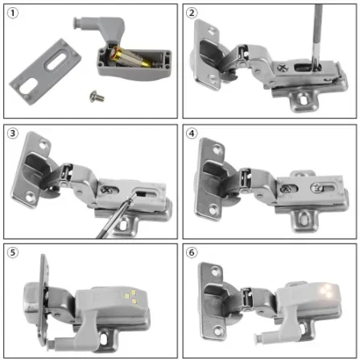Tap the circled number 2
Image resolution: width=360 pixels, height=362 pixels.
(x=192, y=14)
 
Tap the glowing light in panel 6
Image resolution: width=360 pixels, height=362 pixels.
(x=328, y=290)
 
